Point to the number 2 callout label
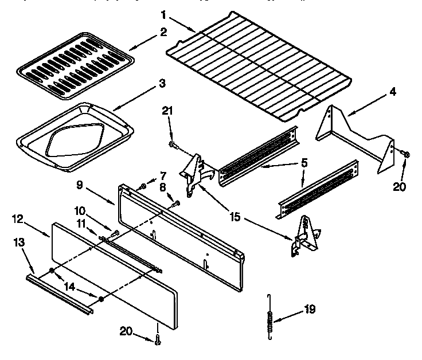click(x=164, y=33)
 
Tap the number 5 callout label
click(x=304, y=163)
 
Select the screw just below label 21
click(x=172, y=143)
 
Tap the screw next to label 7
click(x=143, y=185)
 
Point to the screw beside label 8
click(x=175, y=202)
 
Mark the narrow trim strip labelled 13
click(x=57, y=292)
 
